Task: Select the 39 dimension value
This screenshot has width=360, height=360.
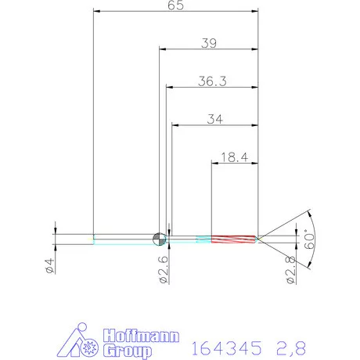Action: click(x=209, y=43)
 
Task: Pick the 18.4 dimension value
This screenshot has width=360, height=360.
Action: click(x=235, y=157)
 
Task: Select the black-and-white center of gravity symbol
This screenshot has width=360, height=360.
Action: click(x=159, y=237)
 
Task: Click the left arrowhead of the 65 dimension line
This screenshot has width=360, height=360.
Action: click(x=96, y=12)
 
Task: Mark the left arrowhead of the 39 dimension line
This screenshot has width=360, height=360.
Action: click(x=163, y=49)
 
